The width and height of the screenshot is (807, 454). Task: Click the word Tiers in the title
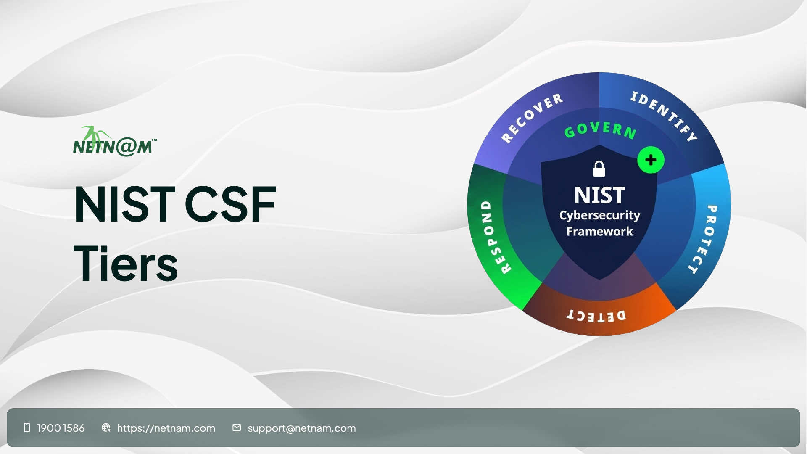[x=126, y=264]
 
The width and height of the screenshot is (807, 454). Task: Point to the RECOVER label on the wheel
[x=532, y=117]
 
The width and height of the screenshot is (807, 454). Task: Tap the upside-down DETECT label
[x=596, y=315]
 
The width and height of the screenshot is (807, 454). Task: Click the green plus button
[x=651, y=160]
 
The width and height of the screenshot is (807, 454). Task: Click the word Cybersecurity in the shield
[x=599, y=215]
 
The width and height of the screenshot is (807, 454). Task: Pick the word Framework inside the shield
[x=599, y=231]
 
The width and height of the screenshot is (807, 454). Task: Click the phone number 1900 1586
[x=61, y=428]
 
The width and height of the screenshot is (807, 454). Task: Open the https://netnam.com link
[x=166, y=428]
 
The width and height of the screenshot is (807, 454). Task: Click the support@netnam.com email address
[x=301, y=428]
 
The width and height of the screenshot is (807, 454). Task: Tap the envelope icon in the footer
[x=237, y=428]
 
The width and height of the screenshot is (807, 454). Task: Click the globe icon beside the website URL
[x=106, y=428]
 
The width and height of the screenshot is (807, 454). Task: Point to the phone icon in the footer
[x=27, y=428]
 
